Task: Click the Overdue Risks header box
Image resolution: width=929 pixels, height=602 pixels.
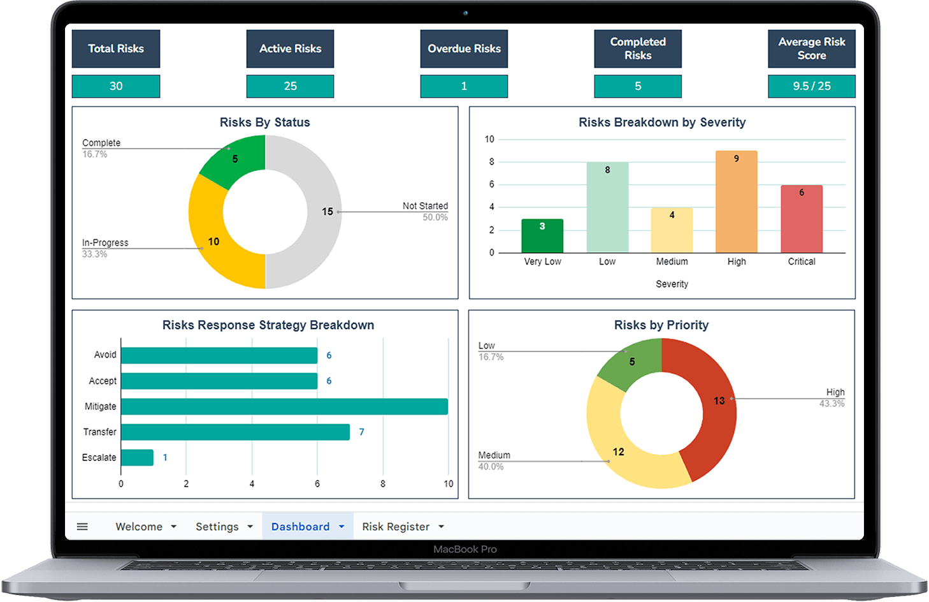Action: coord(464,48)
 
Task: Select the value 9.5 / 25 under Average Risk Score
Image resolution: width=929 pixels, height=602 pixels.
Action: coord(811,86)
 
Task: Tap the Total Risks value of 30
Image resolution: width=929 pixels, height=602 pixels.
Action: coord(116,86)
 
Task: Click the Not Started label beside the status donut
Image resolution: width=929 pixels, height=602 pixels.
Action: coord(425,206)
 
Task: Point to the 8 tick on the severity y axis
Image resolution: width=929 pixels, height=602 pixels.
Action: coord(491,162)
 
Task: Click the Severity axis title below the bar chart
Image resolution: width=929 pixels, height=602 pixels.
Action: coord(672,284)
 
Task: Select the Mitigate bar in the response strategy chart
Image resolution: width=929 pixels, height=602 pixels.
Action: coord(284,406)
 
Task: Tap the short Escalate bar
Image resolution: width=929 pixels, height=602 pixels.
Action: coord(137,457)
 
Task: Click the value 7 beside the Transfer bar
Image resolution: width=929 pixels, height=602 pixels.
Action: coord(361,432)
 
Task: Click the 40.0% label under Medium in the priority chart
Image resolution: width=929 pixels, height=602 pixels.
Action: coord(491,467)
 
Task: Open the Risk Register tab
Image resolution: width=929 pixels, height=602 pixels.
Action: coord(396,527)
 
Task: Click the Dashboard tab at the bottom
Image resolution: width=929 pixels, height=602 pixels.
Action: coord(300,527)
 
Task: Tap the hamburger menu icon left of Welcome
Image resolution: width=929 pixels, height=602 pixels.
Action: coord(82,527)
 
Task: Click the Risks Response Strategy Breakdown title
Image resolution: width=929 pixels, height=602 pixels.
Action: coord(268,325)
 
